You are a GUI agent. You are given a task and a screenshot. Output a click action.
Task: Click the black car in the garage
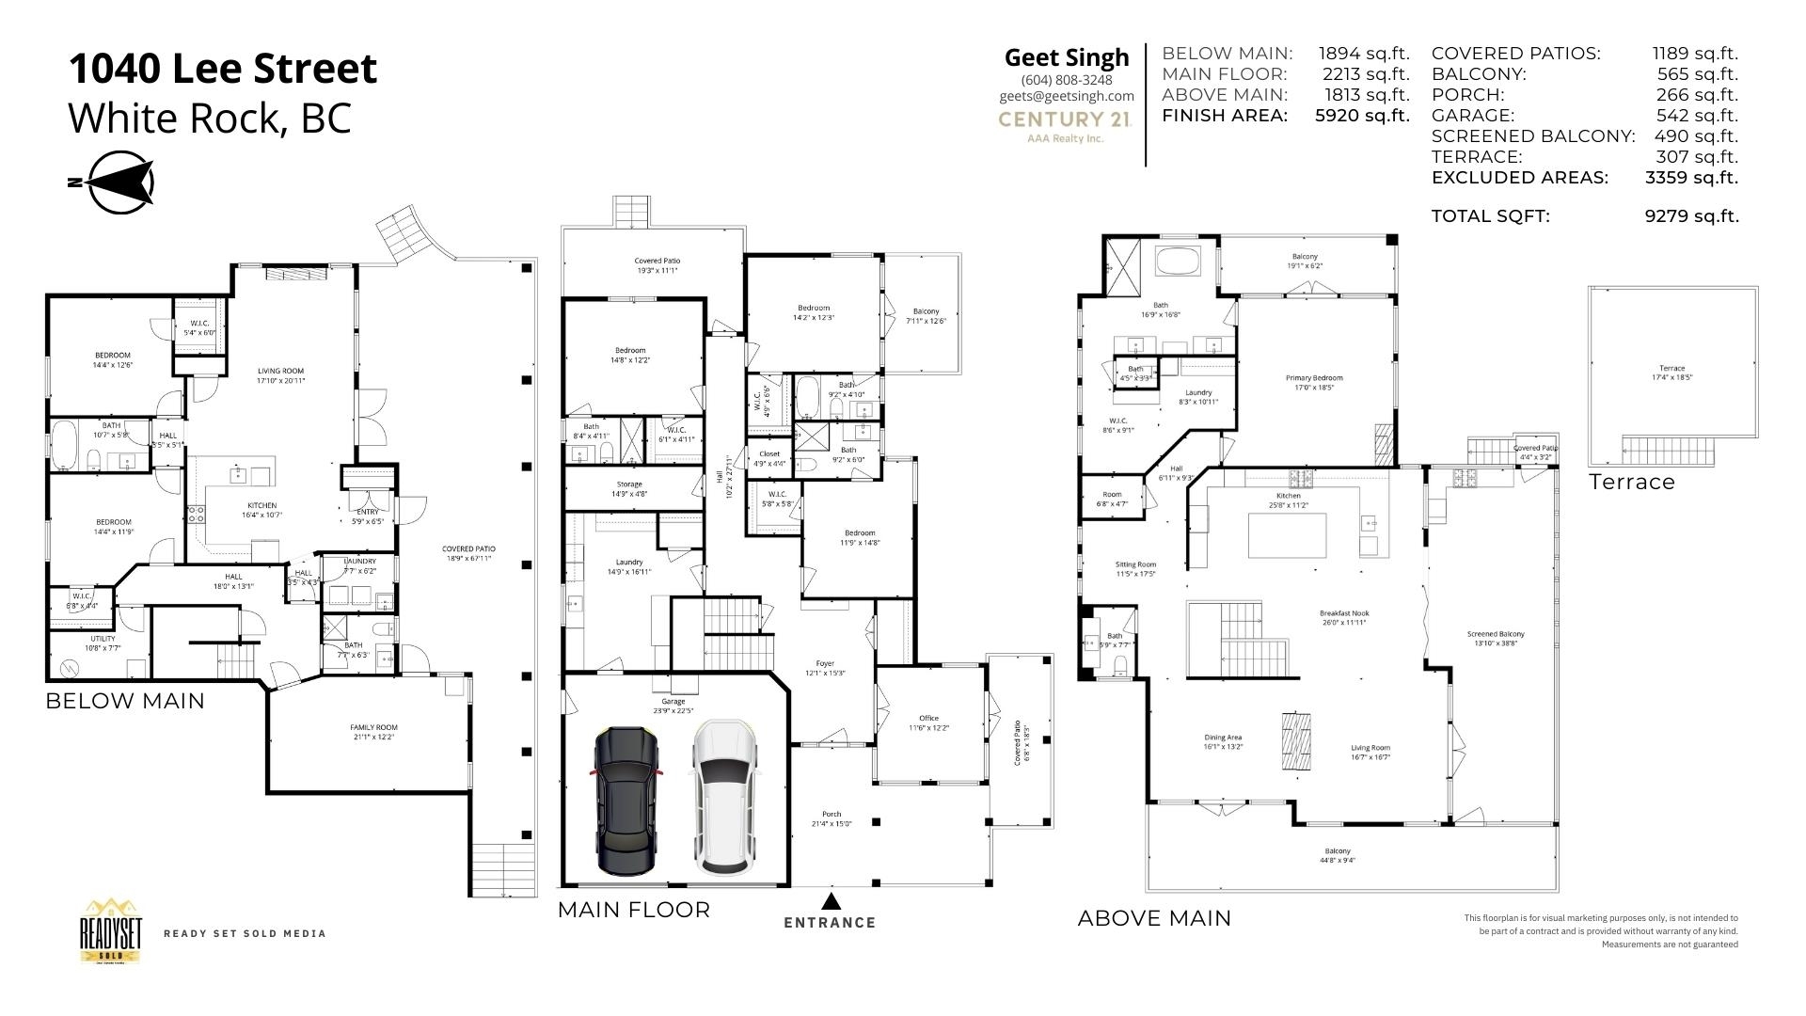click(626, 800)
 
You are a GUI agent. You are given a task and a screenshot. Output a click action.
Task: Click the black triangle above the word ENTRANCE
click(830, 900)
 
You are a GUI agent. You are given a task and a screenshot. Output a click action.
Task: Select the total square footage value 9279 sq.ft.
click(1691, 216)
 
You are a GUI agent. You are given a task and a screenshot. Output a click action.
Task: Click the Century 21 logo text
click(1065, 119)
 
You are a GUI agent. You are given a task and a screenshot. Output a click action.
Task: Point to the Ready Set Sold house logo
click(111, 931)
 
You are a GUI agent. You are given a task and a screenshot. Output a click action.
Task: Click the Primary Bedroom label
click(1314, 382)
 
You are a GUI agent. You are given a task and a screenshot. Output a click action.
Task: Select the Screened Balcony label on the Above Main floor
click(1496, 639)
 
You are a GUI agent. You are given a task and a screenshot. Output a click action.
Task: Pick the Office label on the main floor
click(928, 722)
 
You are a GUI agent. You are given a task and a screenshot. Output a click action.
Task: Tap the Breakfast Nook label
click(1343, 617)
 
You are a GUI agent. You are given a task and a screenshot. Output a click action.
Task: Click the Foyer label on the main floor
click(825, 668)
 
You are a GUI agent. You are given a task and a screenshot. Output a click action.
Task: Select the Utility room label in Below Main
click(103, 643)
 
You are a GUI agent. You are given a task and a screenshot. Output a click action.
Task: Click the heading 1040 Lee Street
click(223, 69)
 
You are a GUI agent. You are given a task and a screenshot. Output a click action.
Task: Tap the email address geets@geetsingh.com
click(1067, 96)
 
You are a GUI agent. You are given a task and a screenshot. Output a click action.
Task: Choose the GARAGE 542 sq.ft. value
click(1696, 116)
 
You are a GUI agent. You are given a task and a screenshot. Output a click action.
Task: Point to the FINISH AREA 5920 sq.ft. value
click(1362, 116)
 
